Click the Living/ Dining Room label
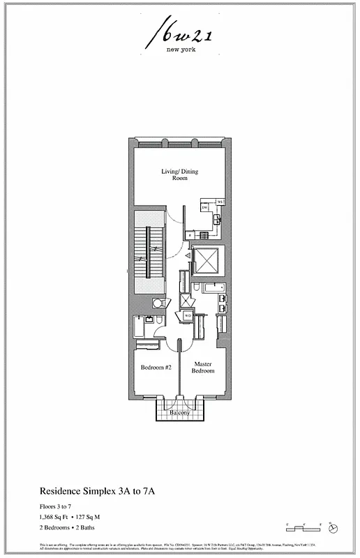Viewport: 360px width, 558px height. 180,174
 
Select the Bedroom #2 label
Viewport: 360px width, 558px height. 156,368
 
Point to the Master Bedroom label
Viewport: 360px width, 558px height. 204,367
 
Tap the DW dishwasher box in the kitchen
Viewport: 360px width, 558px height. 205,207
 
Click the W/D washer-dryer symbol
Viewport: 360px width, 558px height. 188,315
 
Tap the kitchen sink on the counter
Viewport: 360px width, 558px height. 218,220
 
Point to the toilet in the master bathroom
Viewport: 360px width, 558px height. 197,287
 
